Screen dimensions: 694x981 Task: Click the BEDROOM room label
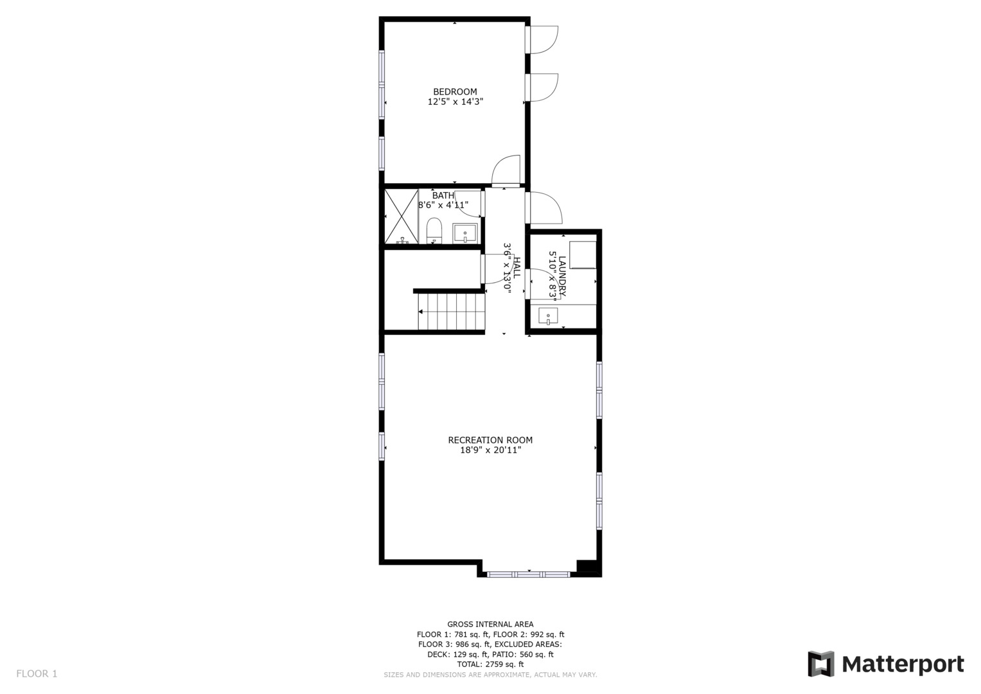[455, 92]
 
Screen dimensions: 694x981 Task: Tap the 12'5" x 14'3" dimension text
[455, 102]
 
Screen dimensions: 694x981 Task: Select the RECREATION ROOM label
[490, 440]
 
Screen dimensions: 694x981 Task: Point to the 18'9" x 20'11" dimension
[490, 450]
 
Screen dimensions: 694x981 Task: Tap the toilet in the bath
[434, 231]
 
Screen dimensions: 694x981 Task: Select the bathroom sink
[464, 232]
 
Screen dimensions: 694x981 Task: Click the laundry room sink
[548, 316]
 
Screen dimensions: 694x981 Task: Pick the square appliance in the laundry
[583, 254]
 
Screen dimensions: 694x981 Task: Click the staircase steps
[450, 312]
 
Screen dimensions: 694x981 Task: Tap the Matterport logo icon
[820, 664]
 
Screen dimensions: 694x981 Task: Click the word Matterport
[903, 664]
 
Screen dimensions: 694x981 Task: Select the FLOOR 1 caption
[37, 674]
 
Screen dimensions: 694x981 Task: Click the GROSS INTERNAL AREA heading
[490, 624]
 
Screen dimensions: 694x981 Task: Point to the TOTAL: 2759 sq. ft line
[490, 664]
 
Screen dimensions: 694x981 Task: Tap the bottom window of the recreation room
[528, 574]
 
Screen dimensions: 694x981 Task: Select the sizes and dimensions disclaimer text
[490, 675]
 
